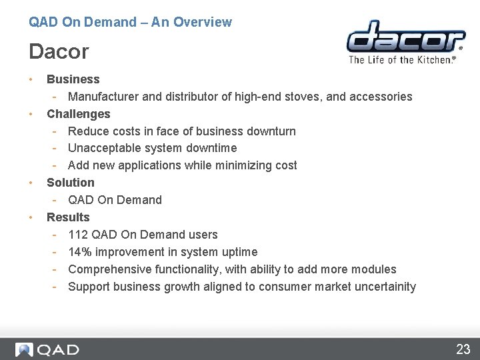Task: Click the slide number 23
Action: coord(463,349)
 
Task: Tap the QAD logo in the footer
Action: coord(47,349)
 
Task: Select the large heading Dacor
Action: coord(59,51)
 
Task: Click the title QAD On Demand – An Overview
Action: coord(130,22)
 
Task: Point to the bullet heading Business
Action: coord(73,79)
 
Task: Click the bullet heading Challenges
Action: coord(78,114)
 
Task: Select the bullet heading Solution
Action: coord(70,183)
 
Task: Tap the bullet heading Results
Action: coord(67,217)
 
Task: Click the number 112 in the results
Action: coord(78,235)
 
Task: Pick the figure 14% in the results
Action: coord(80,252)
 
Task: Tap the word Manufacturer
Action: coord(103,97)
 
